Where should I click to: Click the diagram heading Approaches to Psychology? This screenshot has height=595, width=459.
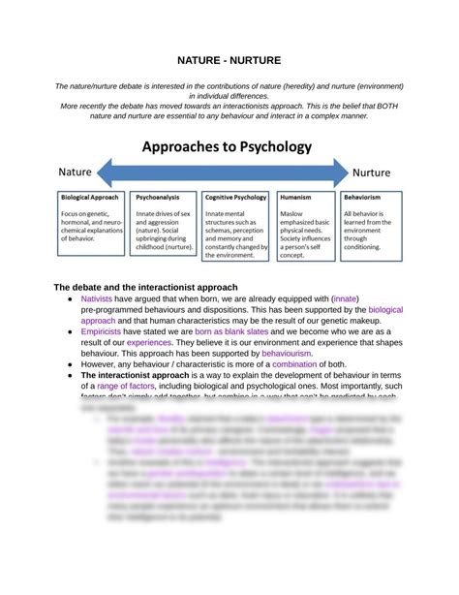click(x=229, y=147)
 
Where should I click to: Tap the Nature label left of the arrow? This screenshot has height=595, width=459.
click(x=76, y=172)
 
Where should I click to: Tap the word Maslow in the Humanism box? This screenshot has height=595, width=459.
click(x=291, y=213)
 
